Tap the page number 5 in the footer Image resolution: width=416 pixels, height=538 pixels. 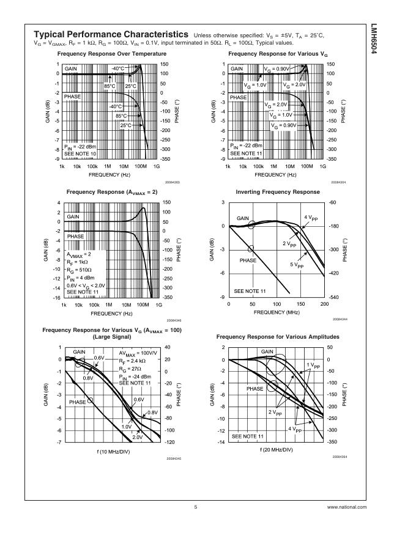point(196,507)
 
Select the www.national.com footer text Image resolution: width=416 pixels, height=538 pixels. point(347,507)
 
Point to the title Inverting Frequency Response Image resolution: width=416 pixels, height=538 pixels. point(278,192)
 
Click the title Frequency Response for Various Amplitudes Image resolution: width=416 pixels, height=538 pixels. point(278,337)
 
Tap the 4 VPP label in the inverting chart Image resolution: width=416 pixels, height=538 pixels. point(312,218)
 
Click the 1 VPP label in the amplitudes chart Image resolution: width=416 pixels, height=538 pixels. point(313,366)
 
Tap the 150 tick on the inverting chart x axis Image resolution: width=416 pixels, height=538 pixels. point(300,304)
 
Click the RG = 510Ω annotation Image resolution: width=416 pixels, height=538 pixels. point(80,269)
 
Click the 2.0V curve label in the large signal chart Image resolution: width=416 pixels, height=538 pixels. point(137,437)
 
